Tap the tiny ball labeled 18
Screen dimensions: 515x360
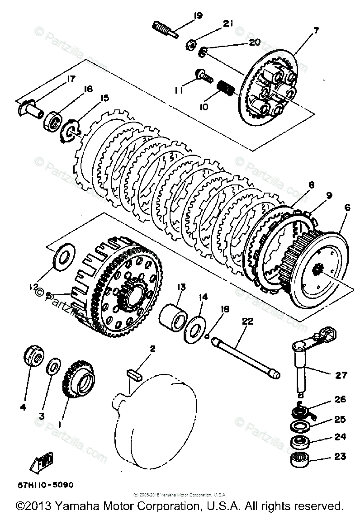point(207,336)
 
